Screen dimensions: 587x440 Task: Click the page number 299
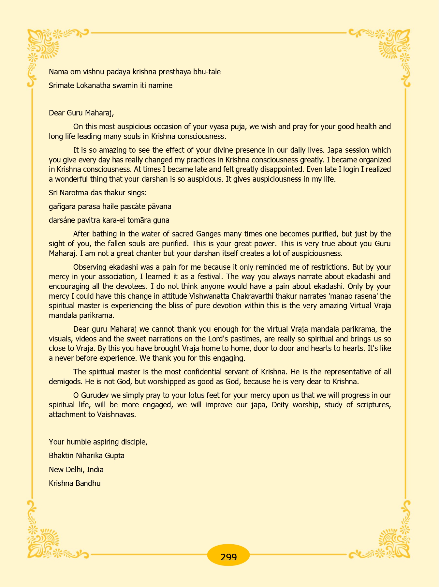(228, 557)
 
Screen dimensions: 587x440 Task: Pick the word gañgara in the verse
(61, 206)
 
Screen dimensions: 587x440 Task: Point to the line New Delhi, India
(76, 470)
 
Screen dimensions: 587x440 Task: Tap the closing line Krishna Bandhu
(75, 483)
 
